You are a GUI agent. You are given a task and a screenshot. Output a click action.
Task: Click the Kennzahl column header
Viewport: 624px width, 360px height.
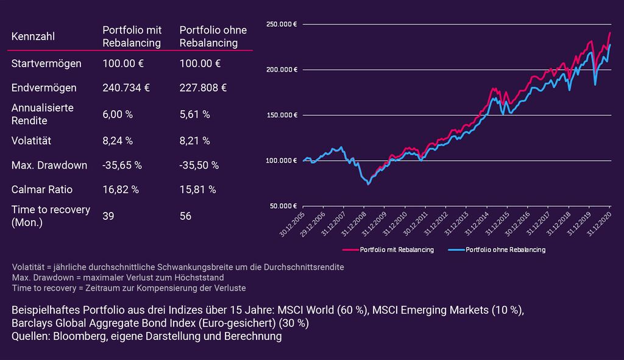33,37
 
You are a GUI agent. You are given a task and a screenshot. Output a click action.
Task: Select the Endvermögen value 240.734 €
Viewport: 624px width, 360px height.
126,88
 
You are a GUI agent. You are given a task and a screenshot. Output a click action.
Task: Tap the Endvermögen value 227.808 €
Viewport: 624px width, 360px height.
203,88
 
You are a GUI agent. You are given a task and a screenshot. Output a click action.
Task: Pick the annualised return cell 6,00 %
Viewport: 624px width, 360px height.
118,114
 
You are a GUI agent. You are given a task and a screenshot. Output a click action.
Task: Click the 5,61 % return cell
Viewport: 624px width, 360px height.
194,114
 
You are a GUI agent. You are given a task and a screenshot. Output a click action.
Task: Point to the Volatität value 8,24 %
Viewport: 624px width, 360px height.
118,141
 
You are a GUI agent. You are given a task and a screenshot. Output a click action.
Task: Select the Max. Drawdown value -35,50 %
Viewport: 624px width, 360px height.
199,165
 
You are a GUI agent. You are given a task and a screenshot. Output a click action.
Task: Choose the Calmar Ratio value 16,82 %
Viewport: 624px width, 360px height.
121,189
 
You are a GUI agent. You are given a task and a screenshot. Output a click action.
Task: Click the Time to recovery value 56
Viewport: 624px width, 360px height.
185,216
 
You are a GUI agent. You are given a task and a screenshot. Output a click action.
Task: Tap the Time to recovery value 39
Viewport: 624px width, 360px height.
108,216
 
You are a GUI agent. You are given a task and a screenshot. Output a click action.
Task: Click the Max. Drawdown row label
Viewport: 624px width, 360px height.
49,165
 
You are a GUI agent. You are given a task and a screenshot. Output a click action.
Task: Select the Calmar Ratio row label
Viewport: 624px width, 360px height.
42,189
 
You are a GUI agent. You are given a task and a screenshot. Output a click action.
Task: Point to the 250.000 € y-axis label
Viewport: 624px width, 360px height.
282,24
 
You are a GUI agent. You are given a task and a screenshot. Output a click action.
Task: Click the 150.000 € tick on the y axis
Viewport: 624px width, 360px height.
282,115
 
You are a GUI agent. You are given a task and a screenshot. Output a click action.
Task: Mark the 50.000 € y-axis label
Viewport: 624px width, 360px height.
283,206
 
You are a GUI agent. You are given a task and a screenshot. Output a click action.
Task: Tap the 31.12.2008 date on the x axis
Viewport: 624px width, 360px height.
354,224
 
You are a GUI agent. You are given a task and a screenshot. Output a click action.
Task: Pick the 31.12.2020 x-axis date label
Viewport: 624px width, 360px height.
600,224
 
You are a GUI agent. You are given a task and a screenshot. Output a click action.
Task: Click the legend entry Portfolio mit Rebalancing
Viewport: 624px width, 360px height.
388,250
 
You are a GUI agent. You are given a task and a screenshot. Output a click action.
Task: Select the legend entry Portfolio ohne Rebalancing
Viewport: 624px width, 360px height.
497,250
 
